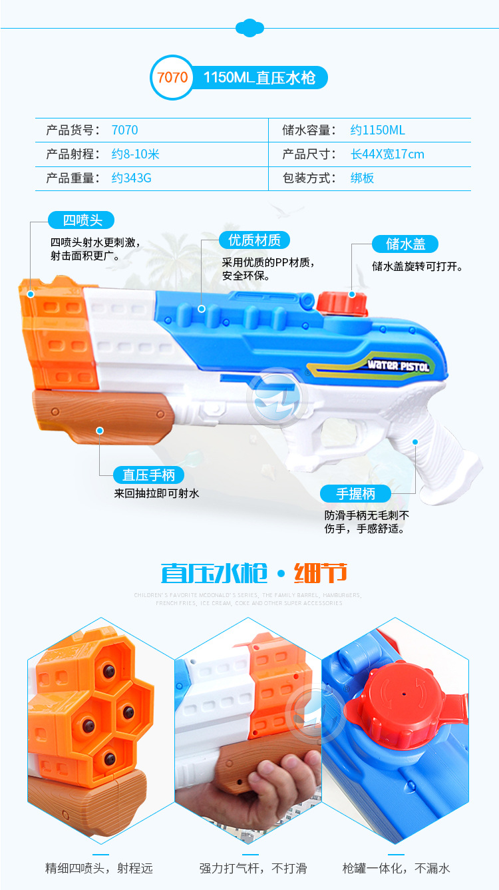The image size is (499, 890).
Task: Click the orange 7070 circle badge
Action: (172, 77)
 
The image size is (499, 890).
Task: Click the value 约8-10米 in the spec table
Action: (136, 154)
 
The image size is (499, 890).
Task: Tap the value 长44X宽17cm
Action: (387, 154)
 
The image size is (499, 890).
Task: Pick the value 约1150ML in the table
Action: (377, 130)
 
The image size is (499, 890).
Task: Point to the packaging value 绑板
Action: (362, 178)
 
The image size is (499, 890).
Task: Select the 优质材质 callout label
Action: (254, 240)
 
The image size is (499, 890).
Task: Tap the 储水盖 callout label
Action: (405, 244)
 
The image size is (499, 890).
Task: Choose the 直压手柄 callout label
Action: (148, 475)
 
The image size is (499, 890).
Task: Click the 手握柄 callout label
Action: (355, 493)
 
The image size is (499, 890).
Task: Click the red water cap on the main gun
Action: (342, 304)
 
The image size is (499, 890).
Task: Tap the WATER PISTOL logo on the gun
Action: (399, 365)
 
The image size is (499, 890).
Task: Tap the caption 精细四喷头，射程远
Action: (99, 868)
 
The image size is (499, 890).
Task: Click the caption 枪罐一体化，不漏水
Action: (396, 868)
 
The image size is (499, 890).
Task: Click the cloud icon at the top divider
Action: (249, 27)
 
